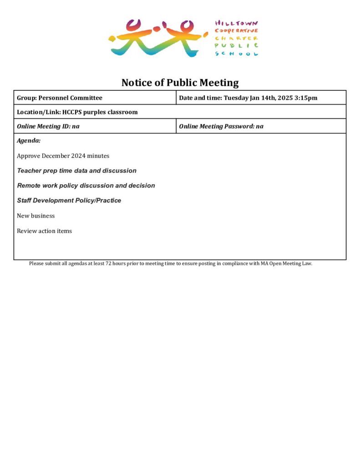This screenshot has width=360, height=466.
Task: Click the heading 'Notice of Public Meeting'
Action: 180,83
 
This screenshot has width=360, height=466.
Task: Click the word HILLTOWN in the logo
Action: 236,23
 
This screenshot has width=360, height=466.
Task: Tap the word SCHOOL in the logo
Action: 236,54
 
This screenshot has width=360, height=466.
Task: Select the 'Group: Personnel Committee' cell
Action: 60,98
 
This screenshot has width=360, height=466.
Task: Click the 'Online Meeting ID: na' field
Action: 48,127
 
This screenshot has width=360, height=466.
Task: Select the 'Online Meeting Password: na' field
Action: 221,127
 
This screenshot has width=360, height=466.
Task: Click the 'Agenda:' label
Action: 29,141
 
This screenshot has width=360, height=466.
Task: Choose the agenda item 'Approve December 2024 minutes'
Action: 63,156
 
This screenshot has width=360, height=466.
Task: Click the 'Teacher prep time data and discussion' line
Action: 76,171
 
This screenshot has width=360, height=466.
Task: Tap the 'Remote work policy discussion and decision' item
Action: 86,186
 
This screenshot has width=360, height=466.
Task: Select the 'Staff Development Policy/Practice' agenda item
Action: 69,201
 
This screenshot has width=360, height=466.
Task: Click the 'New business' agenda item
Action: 35,216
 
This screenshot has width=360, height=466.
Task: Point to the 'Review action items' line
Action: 44,231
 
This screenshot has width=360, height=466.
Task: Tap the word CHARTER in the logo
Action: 236,38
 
